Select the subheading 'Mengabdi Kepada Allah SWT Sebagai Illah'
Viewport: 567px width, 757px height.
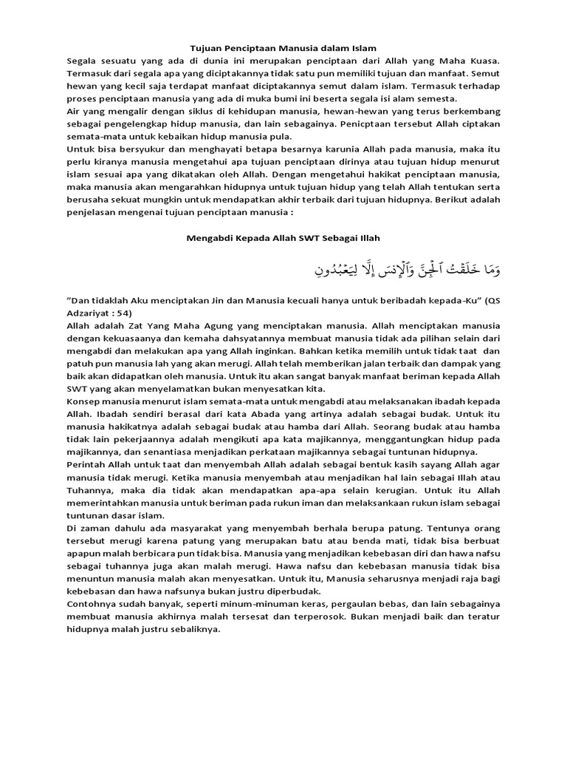[x=283, y=237]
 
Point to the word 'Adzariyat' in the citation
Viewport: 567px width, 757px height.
[x=91, y=313]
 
